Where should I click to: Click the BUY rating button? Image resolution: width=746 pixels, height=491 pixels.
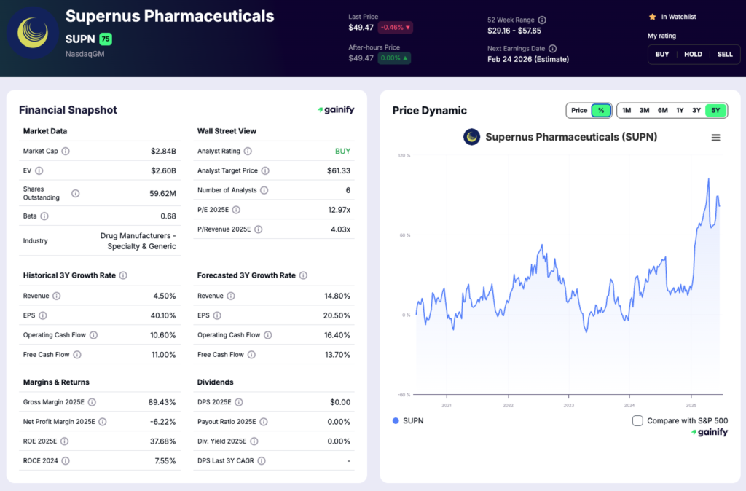(661, 54)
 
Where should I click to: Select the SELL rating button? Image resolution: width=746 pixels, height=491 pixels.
(725, 54)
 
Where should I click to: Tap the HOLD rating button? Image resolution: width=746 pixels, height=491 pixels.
(693, 54)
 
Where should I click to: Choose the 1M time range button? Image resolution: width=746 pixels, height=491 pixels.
(627, 110)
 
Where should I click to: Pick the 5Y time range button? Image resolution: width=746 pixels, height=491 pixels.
(715, 110)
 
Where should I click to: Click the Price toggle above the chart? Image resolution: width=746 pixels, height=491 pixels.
(579, 110)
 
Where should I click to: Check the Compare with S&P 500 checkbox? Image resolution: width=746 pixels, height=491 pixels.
(637, 420)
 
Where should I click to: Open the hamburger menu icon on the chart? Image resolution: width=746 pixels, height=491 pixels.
(715, 138)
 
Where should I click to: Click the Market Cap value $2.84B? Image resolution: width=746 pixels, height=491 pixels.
(163, 152)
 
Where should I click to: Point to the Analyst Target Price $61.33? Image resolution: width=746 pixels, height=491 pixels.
(338, 170)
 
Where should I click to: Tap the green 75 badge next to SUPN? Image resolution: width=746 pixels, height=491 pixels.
(106, 39)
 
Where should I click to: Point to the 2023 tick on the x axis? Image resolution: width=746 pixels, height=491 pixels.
(569, 405)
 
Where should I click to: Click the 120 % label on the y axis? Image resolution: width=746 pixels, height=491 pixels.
(404, 155)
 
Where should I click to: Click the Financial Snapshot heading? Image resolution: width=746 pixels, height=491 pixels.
(68, 110)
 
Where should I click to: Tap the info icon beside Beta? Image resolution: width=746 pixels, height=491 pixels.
(44, 216)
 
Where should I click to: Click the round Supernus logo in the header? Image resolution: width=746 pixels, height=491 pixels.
(33, 33)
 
